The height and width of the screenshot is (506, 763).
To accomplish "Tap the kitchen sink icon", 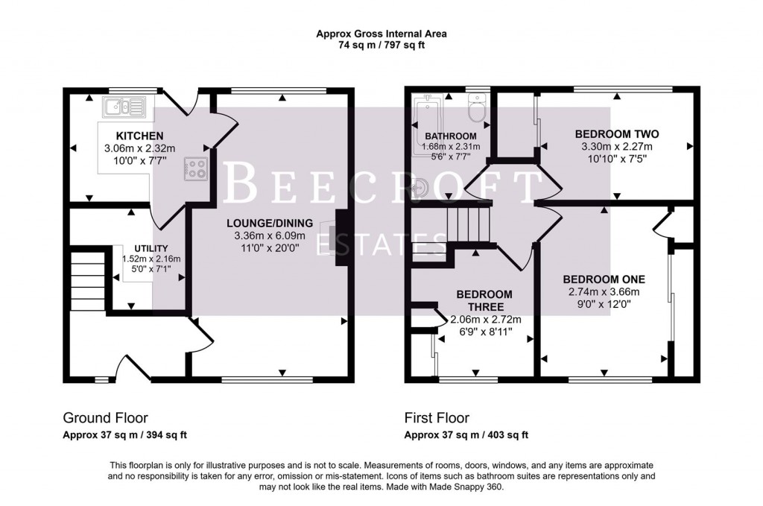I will [125, 108].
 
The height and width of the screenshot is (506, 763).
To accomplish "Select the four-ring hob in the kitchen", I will [197, 168].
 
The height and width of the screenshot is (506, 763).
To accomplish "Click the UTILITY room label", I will [151, 248].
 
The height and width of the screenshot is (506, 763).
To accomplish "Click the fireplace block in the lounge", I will [343, 231].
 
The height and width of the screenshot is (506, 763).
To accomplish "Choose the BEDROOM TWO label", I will [616, 134].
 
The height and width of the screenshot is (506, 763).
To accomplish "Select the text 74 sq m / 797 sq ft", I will [381, 45].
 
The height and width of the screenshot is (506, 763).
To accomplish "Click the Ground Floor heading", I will [105, 417].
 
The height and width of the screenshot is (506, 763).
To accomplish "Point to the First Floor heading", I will [437, 418].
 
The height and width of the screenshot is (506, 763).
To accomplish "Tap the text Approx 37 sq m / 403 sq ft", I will [466, 435].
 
